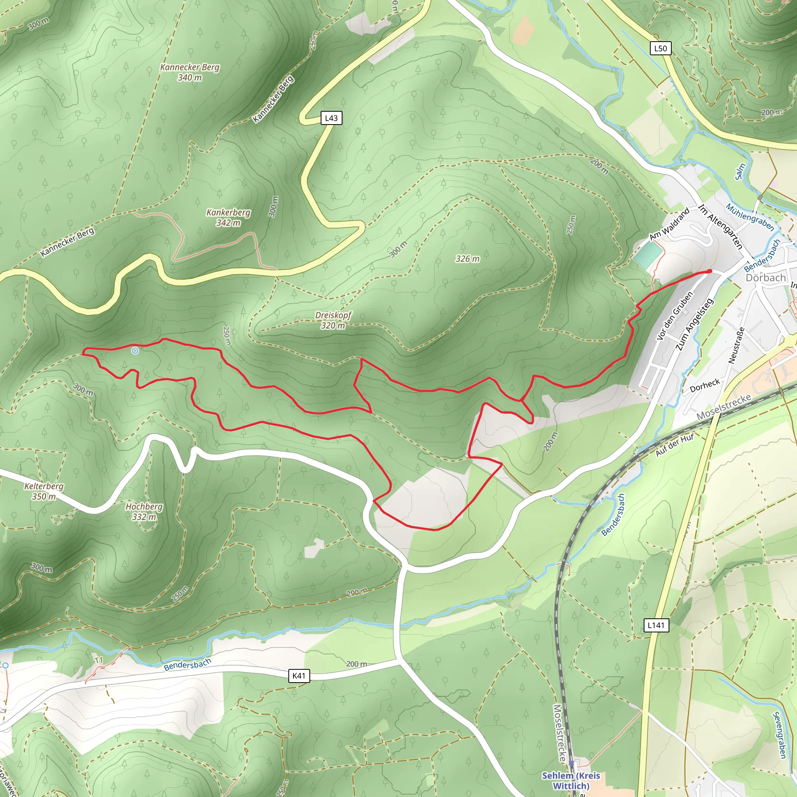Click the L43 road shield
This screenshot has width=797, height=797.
(331, 118)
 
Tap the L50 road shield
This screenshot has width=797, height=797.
(660, 48)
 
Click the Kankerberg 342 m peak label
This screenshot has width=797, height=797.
(228, 218)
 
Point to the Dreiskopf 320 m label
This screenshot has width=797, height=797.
(334, 320)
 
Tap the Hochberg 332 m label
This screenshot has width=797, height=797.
(144, 511)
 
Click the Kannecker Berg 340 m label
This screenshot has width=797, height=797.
(190, 72)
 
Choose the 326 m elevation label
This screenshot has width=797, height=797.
(467, 259)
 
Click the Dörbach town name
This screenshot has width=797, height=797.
(765, 277)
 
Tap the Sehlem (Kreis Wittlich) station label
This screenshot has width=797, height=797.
(571, 781)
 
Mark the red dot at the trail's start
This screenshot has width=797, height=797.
(709, 271)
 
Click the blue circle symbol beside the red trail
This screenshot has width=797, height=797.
(135, 351)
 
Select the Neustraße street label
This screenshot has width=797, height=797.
(736, 345)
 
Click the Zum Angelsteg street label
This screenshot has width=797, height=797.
(694, 325)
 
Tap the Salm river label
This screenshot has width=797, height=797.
(741, 172)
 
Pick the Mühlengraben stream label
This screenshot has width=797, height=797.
(750, 217)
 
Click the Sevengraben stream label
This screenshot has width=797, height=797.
(779, 735)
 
